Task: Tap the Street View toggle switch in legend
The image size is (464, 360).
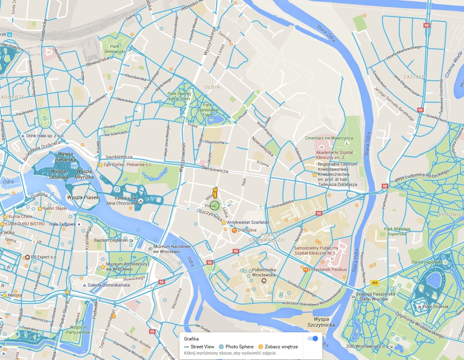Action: coord(313,339)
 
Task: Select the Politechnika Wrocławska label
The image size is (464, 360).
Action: coord(264,272)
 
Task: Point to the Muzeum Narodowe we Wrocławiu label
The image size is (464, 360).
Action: coord(172,249)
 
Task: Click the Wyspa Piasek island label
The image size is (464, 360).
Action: coord(83,198)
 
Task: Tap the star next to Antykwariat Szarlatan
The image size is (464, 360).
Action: coord(224,222)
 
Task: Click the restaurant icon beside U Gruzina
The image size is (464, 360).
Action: coord(233,230)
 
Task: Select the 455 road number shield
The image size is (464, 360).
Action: coord(375,283)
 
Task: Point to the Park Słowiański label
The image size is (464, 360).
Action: coord(114,49)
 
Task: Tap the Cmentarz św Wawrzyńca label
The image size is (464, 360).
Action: coord(329,138)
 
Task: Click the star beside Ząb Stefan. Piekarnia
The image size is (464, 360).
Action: coord(100,165)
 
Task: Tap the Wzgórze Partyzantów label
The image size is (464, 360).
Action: coord(80,330)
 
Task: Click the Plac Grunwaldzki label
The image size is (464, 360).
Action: coord(267,237)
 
